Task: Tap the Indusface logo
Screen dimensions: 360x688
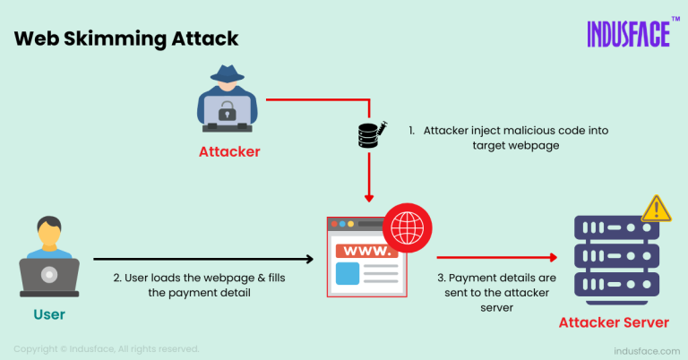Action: tap(630, 33)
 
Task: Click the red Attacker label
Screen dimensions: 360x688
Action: tap(229, 151)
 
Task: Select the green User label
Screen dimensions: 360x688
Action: tap(48, 315)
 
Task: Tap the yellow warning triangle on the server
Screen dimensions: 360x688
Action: tap(657, 209)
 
